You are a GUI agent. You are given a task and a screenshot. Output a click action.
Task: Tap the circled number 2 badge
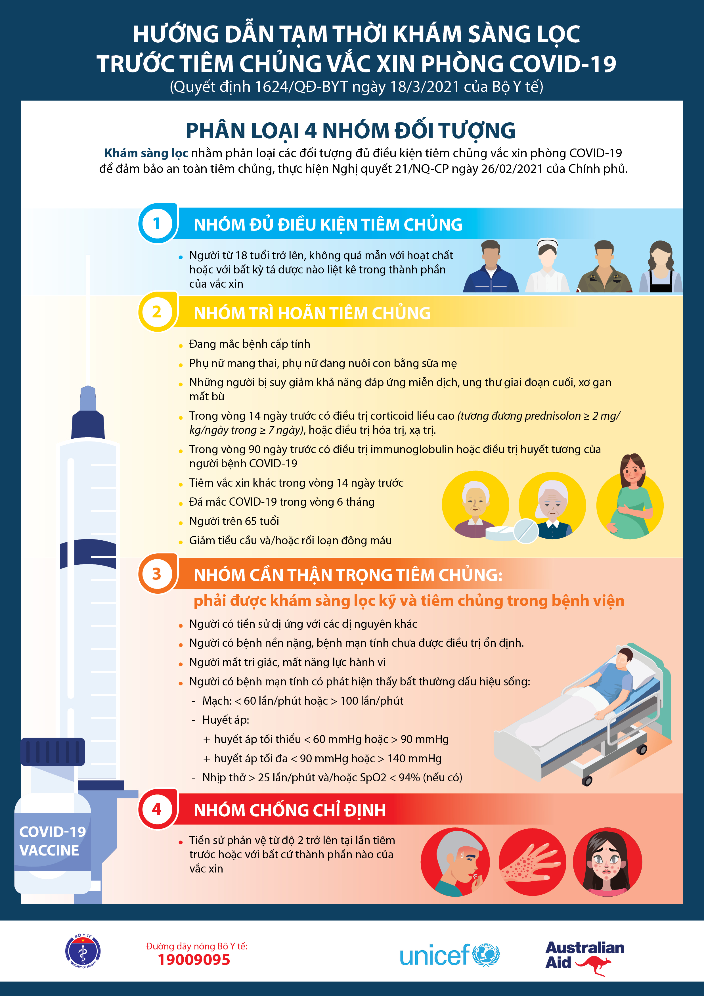[157, 312]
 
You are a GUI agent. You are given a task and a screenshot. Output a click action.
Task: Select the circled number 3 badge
[157, 574]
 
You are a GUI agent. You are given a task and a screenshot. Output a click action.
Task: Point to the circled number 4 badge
[157, 809]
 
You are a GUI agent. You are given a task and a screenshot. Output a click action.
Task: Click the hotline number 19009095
[194, 960]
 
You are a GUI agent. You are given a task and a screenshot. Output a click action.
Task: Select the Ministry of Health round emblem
[83, 951]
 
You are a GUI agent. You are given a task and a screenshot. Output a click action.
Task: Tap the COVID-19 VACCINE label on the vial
[52, 841]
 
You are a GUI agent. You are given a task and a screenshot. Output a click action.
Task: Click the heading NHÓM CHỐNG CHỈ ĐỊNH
[290, 810]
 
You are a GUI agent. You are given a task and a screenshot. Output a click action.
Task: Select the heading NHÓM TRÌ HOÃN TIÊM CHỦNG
[312, 313]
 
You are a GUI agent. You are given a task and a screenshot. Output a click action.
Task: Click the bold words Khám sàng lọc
[146, 153]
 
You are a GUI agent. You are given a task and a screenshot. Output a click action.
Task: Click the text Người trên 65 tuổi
[234, 521]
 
